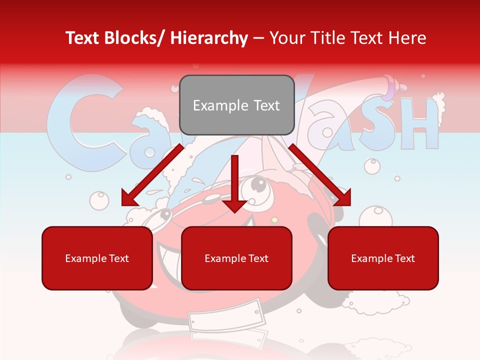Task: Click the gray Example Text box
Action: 236,105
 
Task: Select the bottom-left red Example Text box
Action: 97,258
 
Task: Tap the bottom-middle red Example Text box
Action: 236,258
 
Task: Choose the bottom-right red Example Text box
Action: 383,258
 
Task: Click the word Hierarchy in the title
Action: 209,38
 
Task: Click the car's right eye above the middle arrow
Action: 258,186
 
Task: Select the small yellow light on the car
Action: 274,219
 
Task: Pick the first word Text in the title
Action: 84,38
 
